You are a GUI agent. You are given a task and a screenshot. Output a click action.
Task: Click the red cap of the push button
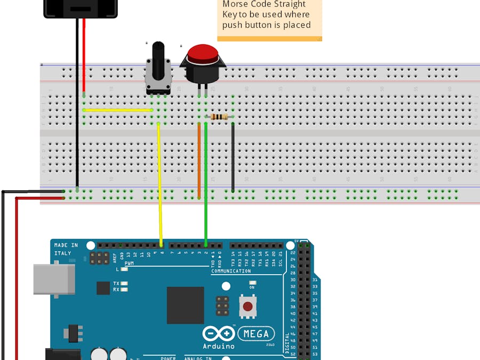[202, 53]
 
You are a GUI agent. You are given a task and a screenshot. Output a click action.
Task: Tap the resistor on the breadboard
[219, 117]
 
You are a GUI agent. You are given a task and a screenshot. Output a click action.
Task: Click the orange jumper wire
[199, 160]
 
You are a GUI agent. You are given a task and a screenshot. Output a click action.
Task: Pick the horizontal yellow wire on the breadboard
[118, 110]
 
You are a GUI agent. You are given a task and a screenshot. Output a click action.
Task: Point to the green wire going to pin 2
[206, 181]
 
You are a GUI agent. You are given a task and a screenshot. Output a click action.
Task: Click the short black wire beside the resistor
[233, 157]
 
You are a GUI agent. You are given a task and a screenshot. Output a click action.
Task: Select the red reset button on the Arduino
[247, 307]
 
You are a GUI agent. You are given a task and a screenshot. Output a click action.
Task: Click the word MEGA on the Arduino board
[257, 334]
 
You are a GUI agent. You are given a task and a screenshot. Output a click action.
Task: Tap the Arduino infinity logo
[219, 334]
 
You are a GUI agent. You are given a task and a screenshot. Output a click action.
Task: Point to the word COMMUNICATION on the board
[231, 271]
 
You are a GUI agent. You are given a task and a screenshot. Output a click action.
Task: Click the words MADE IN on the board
[66, 245]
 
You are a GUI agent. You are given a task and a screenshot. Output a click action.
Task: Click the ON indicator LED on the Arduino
[252, 283]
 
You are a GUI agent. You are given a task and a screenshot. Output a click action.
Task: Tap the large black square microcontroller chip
[185, 305]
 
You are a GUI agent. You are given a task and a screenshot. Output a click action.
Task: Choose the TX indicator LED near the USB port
[124, 283]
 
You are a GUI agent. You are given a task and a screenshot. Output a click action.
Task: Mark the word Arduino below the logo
[219, 346]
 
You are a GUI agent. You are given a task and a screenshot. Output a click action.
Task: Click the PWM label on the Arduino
[130, 263]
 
